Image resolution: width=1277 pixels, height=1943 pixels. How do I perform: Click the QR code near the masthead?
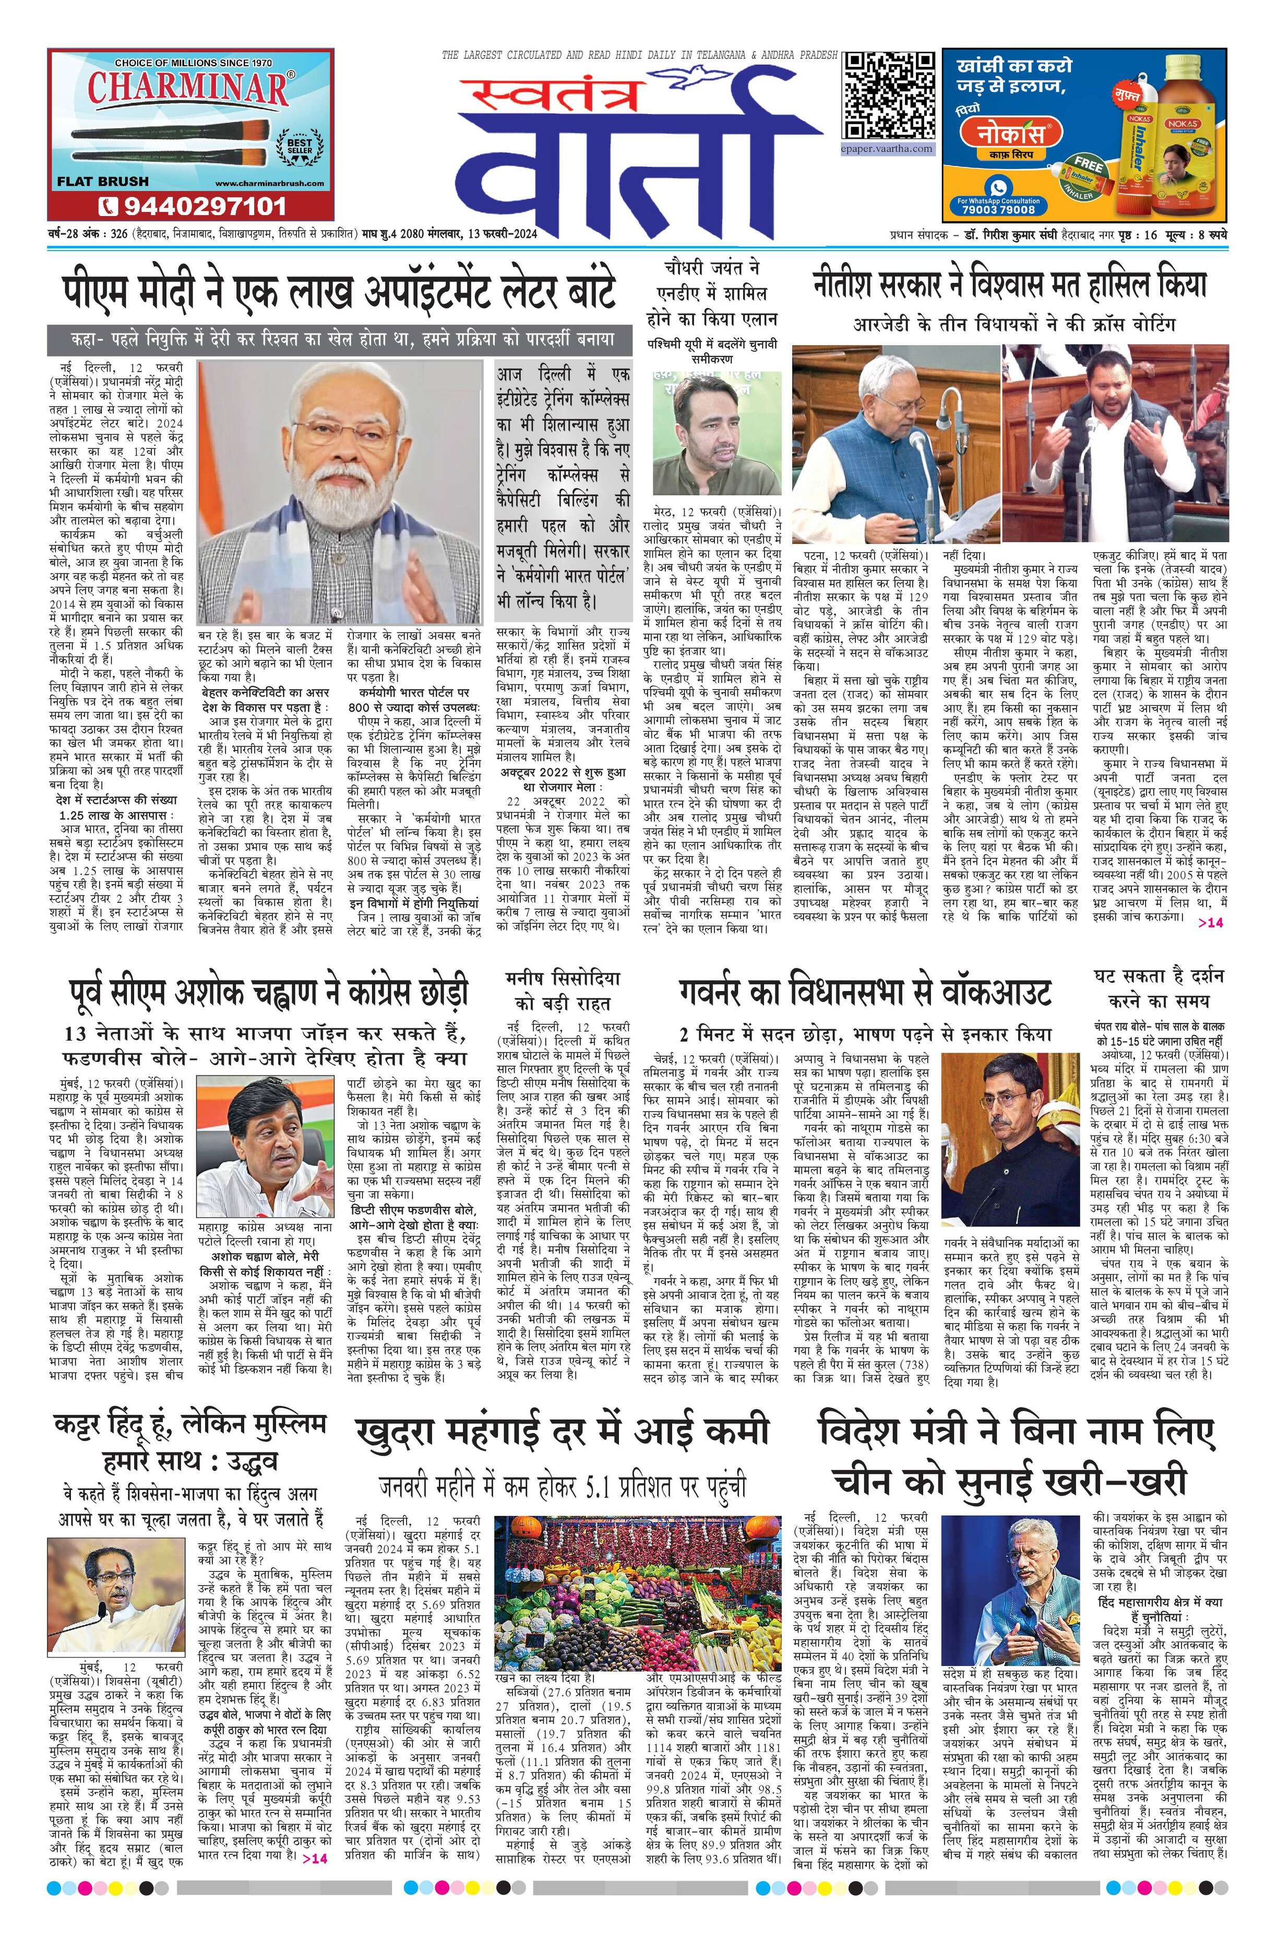[889, 97]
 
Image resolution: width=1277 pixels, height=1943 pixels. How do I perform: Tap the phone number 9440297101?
[193, 205]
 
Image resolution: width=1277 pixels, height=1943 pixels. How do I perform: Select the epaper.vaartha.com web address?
[889, 149]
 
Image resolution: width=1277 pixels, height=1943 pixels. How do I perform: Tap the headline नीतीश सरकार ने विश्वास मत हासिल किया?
[1009, 284]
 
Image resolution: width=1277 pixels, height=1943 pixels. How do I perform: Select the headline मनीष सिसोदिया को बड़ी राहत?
[563, 990]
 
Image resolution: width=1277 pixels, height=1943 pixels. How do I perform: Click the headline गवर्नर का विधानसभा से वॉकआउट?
[864, 992]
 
